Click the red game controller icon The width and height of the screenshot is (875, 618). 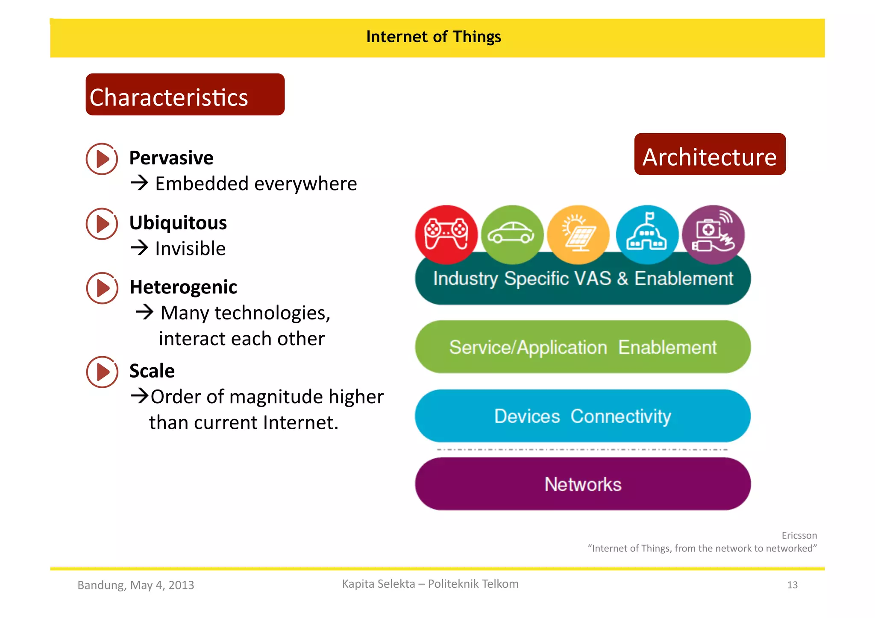click(x=446, y=234)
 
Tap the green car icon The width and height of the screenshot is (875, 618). click(x=512, y=234)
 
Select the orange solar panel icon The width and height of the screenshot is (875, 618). click(x=578, y=234)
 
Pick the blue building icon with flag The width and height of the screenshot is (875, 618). click(x=647, y=234)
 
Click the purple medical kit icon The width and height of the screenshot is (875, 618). click(x=713, y=234)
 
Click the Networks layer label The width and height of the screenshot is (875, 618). click(x=583, y=484)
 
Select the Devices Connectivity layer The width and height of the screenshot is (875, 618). click(x=583, y=416)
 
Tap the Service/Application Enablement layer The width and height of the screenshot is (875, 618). click(x=583, y=347)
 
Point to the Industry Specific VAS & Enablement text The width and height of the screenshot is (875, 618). click(x=583, y=279)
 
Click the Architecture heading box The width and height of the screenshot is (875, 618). click(x=710, y=155)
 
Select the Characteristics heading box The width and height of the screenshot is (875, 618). click(x=185, y=95)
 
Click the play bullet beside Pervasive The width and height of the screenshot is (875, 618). click(x=102, y=159)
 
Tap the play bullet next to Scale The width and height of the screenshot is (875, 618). click(x=102, y=372)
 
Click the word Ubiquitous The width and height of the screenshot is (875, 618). click(x=178, y=223)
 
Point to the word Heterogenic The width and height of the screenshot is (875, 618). click(x=183, y=287)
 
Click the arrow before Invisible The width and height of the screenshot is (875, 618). click(x=139, y=248)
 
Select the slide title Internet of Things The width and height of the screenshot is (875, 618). click(x=434, y=37)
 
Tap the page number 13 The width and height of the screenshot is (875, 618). click(x=792, y=585)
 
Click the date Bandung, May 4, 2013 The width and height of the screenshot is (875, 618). click(x=136, y=585)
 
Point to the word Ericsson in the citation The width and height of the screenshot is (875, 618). click(x=799, y=536)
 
